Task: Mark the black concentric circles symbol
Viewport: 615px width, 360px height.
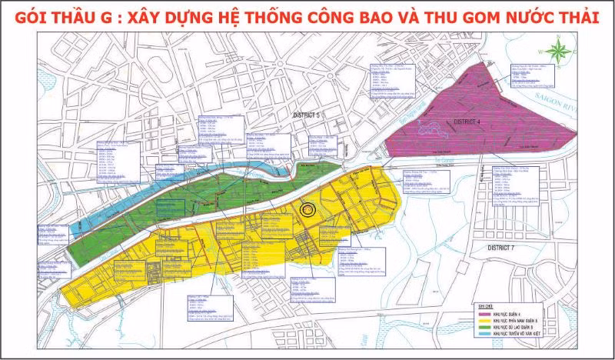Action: coord(307,208)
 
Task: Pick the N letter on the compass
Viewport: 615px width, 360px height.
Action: coord(560,38)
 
